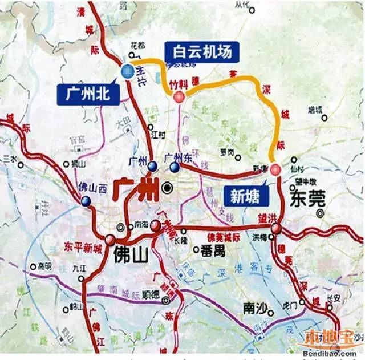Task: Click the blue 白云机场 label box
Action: [x=198, y=52]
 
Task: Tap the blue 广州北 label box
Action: [x=88, y=94]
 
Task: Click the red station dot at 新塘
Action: [x=275, y=169]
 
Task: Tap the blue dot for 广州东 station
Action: [x=174, y=167]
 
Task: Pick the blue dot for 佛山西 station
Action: [x=86, y=201]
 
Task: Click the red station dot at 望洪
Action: [x=277, y=229]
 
